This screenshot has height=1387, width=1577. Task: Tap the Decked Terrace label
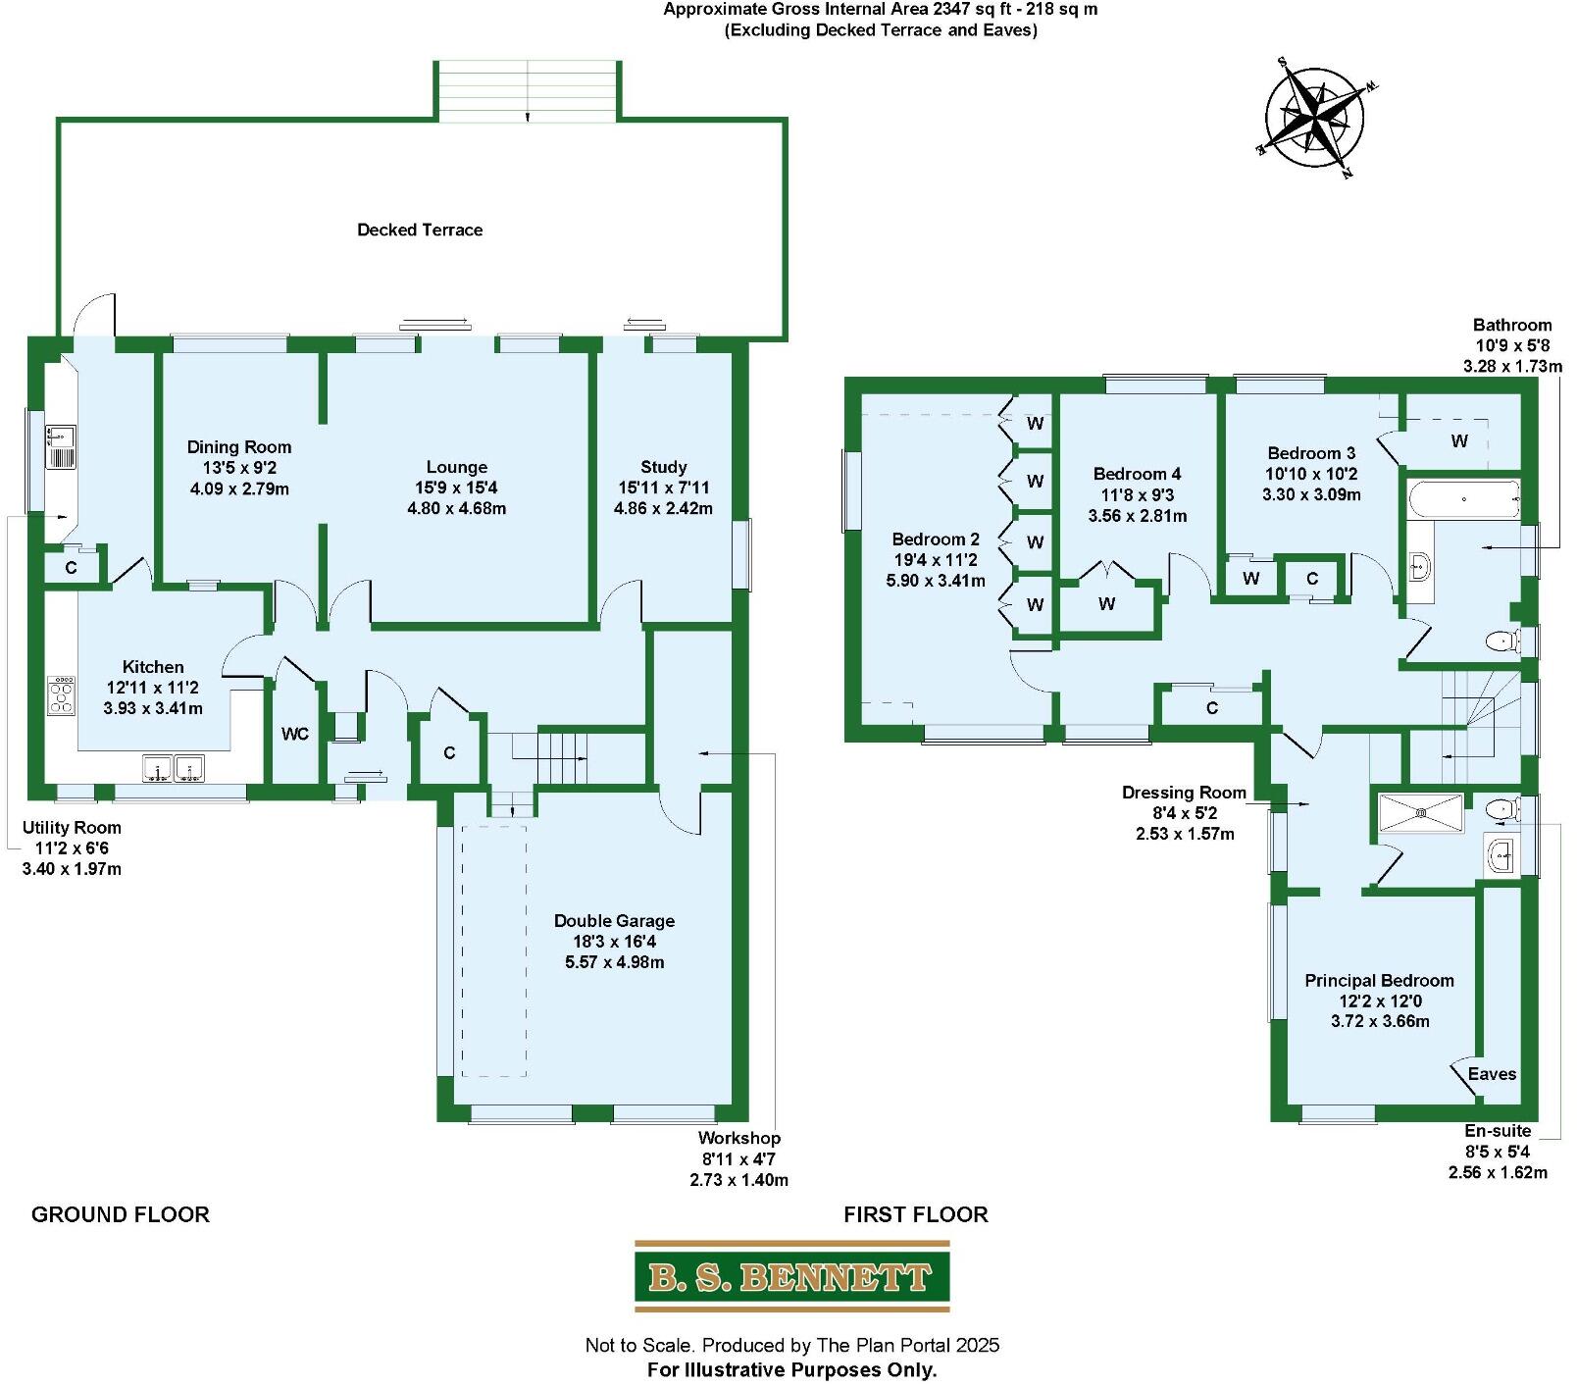(x=420, y=230)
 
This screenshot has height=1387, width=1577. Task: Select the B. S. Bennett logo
(x=791, y=1276)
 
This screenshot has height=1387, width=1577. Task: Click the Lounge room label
(x=456, y=467)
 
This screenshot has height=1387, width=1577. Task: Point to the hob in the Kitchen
(x=61, y=694)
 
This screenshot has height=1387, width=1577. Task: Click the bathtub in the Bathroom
(x=1463, y=499)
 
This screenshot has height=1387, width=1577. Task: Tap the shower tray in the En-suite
(x=1421, y=812)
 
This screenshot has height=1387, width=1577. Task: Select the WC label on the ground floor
(x=295, y=734)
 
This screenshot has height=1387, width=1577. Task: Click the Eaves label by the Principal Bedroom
(x=1492, y=1074)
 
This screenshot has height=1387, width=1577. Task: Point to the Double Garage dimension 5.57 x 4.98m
(x=614, y=962)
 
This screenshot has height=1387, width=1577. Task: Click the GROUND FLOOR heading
(x=121, y=1214)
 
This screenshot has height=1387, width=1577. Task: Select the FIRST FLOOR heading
(x=915, y=1214)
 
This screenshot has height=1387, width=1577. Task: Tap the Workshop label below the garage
(x=738, y=1138)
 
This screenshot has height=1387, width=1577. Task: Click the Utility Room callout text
(x=72, y=827)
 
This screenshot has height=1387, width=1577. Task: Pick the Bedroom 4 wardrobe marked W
(x=1106, y=604)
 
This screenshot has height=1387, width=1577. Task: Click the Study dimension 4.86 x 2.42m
(x=663, y=508)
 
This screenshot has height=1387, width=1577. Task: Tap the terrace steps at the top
(x=528, y=90)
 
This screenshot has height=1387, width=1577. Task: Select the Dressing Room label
(x=1184, y=792)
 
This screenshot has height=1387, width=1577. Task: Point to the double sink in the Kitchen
(x=173, y=768)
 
